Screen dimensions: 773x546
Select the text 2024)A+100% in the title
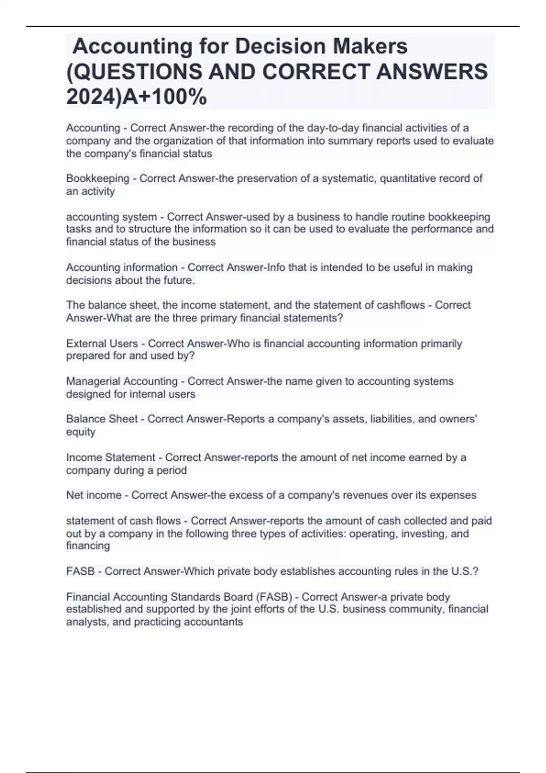point(136,97)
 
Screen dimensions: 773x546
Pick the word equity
point(81,432)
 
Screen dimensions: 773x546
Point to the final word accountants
point(213,622)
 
